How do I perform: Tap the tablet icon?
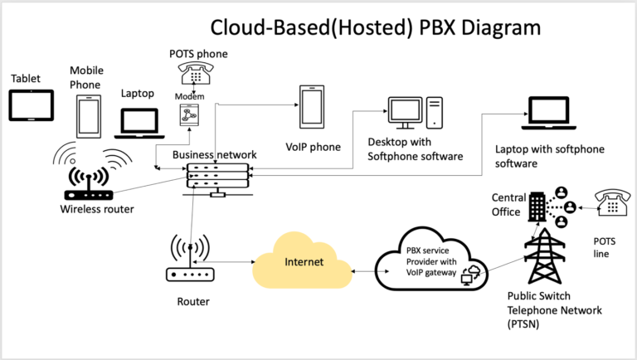coord(32,105)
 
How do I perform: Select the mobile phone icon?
coord(88,116)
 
